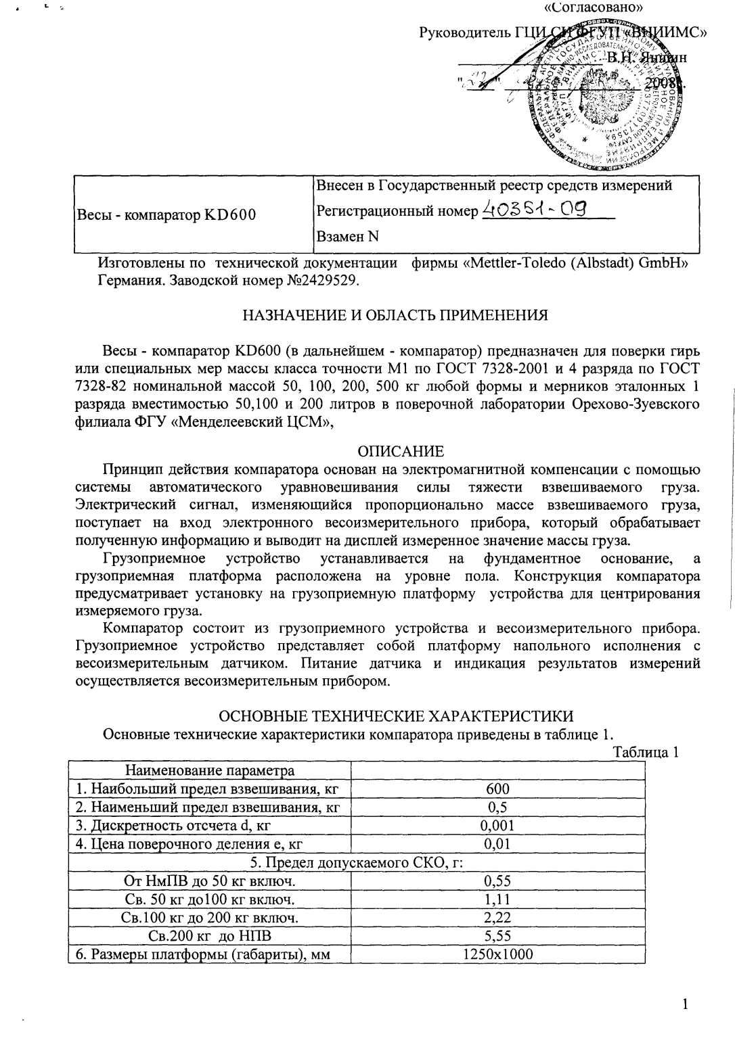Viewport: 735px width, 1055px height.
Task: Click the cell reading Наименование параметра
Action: pos(209,770)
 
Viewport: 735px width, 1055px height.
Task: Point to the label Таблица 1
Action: pos(646,752)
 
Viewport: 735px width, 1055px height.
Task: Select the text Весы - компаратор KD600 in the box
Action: pos(166,214)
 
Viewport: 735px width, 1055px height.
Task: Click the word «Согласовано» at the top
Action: pos(593,8)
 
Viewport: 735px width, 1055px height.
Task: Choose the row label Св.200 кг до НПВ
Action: pos(209,935)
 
